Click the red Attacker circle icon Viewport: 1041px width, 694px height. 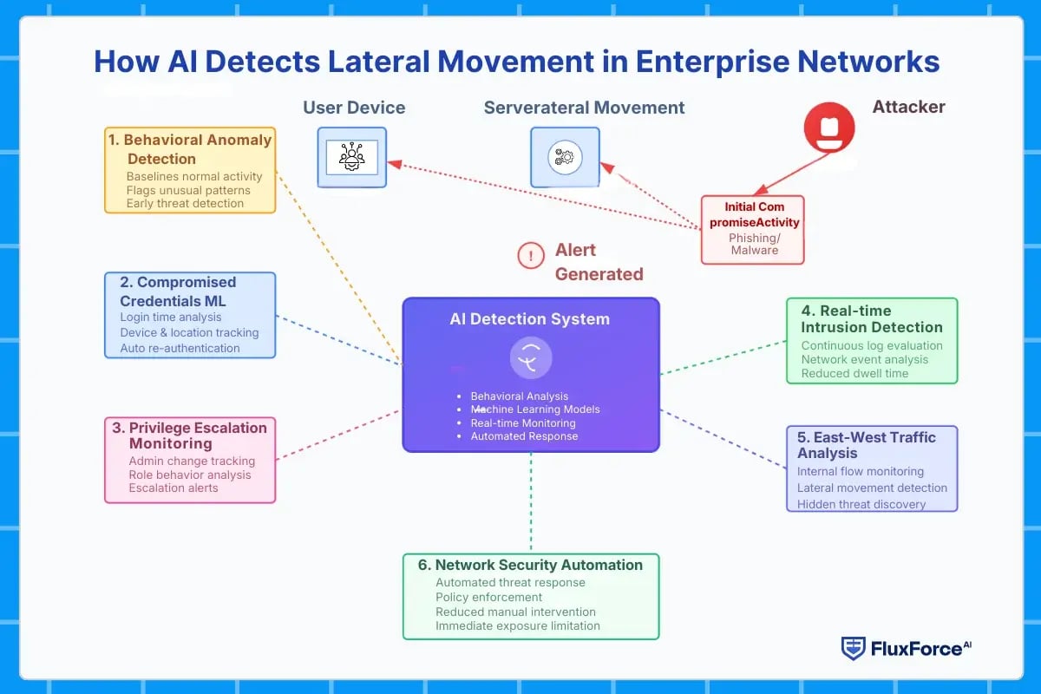[x=828, y=128]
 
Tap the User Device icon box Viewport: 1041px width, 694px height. [x=351, y=157]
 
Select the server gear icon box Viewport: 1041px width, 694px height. [x=565, y=157]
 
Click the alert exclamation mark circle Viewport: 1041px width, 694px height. [x=530, y=255]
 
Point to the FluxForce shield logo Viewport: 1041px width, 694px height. [x=853, y=648]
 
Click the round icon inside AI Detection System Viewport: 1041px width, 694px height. [x=531, y=358]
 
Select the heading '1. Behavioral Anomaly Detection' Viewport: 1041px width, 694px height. [x=190, y=149]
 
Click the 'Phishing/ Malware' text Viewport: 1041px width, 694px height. [x=753, y=244]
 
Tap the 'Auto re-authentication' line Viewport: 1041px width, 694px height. [x=180, y=348]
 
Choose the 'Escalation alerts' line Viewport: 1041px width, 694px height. [x=173, y=488]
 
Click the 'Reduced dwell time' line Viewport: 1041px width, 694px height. [x=854, y=373]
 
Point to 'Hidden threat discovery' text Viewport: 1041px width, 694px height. [x=861, y=504]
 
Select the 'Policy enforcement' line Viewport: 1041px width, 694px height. [x=488, y=597]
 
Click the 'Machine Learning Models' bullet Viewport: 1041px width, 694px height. [x=535, y=409]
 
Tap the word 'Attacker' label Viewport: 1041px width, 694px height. [x=908, y=107]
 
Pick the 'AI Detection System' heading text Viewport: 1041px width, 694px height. [x=529, y=319]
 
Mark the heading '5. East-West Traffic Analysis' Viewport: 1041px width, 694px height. [x=867, y=444]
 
